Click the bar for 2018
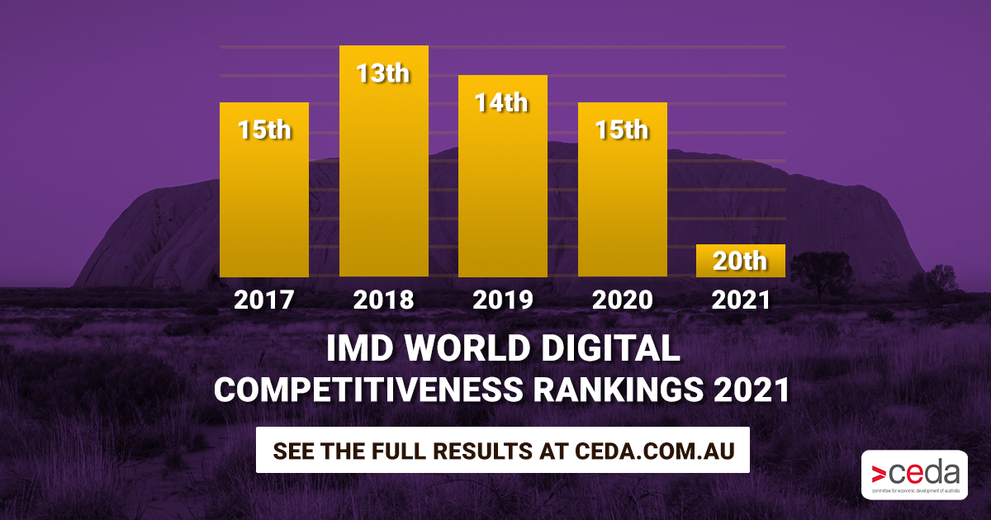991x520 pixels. pyautogui.click(x=383, y=182)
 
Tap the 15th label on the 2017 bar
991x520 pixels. pyautogui.click(x=264, y=130)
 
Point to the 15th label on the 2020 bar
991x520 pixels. pyautogui.click(x=622, y=130)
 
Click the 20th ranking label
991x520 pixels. pyautogui.click(x=740, y=262)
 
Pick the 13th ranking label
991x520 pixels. pyautogui.click(x=383, y=73)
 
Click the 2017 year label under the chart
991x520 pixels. pyautogui.click(x=264, y=299)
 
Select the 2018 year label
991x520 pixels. pyautogui.click(x=383, y=299)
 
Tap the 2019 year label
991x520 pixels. pyautogui.click(x=502, y=299)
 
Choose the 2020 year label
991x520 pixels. pyautogui.click(x=622, y=299)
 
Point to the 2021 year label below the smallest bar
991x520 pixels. pyautogui.click(x=740, y=299)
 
